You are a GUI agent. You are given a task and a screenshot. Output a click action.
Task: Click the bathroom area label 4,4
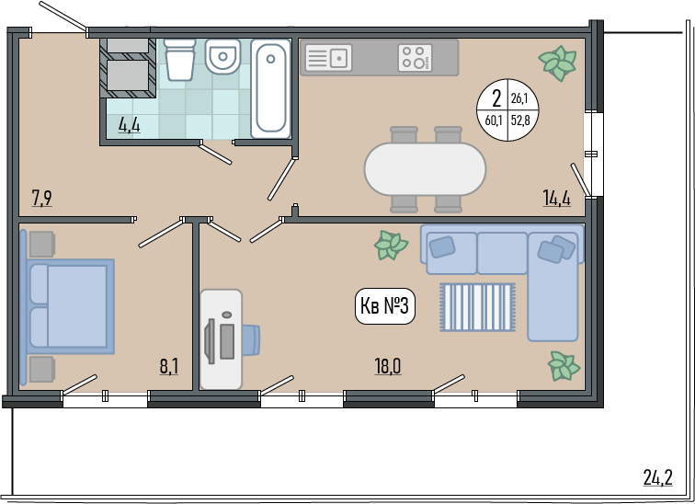click(129, 125)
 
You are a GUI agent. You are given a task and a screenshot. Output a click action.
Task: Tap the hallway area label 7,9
click(42, 198)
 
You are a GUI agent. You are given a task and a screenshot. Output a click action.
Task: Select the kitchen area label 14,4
click(557, 198)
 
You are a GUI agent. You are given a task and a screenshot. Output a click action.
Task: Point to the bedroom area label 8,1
click(169, 367)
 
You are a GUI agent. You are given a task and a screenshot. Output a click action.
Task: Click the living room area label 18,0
click(388, 367)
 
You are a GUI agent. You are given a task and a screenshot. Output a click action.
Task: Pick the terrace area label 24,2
click(658, 478)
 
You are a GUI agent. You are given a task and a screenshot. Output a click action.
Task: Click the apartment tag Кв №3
click(384, 306)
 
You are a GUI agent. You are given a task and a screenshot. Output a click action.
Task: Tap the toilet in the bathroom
click(179, 60)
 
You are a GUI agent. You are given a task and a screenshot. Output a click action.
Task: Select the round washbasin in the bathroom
click(223, 56)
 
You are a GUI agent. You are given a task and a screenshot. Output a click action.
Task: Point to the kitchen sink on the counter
click(328, 58)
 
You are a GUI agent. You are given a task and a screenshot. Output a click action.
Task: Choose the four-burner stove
click(415, 58)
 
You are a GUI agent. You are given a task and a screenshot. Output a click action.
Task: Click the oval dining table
click(425, 169)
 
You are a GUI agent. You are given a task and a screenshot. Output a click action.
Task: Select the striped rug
click(477, 307)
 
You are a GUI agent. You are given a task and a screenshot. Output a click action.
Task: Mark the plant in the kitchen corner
click(558, 63)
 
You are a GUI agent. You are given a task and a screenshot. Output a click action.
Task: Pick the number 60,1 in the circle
click(494, 120)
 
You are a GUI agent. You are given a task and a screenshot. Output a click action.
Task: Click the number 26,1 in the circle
click(519, 98)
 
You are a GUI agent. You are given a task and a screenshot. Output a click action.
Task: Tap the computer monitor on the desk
click(210, 341)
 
